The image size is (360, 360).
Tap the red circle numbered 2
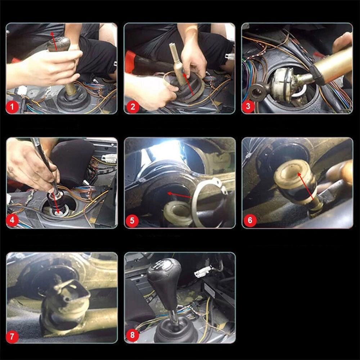tap(132, 107)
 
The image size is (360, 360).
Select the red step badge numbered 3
tap(249, 107)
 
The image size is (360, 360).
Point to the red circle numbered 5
tap(132, 221)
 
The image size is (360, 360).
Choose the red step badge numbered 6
tap(250, 221)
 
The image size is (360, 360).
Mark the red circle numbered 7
tap(13, 337)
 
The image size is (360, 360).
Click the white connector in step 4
tap(109, 158)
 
